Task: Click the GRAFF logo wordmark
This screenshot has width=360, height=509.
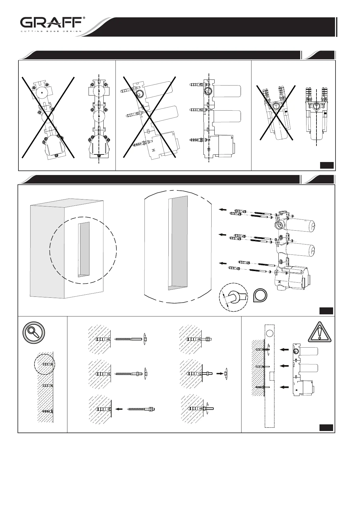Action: pyautogui.click(x=51, y=23)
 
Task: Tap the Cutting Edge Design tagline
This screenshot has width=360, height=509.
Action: pyautogui.click(x=51, y=31)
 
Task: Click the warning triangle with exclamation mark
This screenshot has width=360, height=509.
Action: pyautogui.click(x=319, y=332)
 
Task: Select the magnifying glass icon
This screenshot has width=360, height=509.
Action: pyautogui.click(x=34, y=332)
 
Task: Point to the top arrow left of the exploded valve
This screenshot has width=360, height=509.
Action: pyautogui.click(x=223, y=209)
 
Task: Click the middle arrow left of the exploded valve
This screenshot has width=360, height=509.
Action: pyautogui.click(x=223, y=235)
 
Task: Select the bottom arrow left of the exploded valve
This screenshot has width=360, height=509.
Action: pyautogui.click(x=223, y=264)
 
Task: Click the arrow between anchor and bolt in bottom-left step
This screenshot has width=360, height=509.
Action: pyautogui.click(x=119, y=409)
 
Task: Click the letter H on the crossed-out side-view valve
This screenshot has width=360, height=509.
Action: pyautogui.click(x=154, y=150)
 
